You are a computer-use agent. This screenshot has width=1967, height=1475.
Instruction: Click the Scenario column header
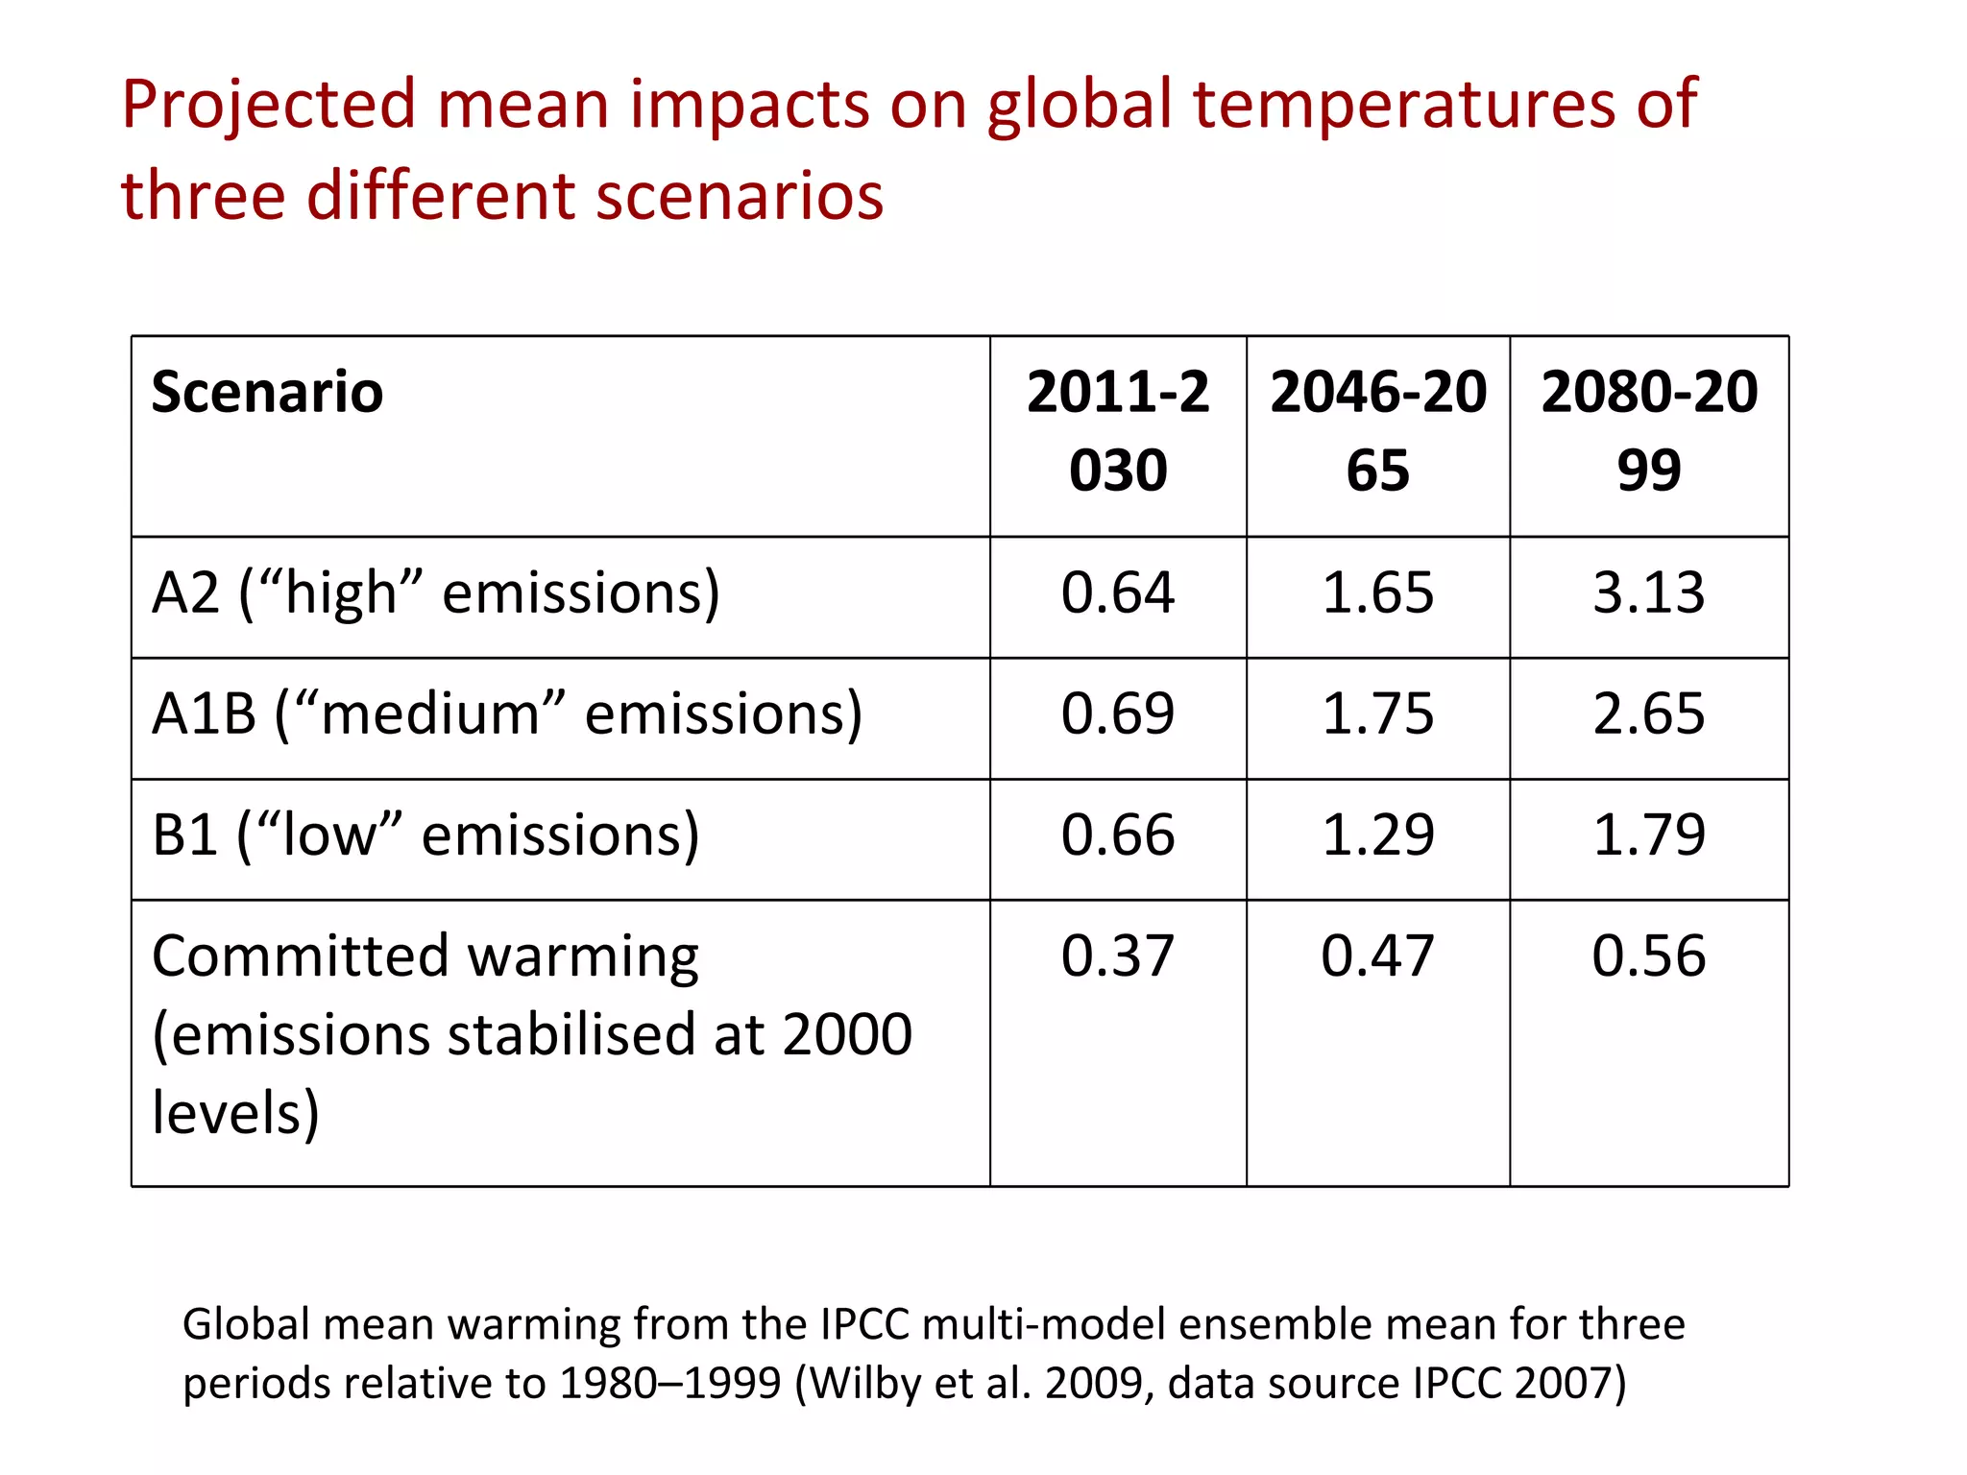coord(267,393)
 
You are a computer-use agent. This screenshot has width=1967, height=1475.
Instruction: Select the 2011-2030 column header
coord(1117,431)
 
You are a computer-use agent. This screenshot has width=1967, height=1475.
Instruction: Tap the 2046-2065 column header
coord(1377,431)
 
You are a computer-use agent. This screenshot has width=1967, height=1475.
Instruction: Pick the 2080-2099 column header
coord(1648,431)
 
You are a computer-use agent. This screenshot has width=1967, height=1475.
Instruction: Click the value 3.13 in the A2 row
coord(1648,592)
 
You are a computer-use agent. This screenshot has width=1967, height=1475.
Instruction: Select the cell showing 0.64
coord(1117,592)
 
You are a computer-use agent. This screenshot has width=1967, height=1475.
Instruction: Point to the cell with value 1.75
coord(1377,713)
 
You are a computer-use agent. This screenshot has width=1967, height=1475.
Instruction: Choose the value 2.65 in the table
coord(1648,713)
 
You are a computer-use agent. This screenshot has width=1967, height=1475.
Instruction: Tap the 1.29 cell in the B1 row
coord(1377,834)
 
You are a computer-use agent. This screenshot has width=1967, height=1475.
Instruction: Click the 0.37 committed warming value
coord(1117,956)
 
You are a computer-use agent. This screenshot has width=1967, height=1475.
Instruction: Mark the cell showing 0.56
coord(1648,956)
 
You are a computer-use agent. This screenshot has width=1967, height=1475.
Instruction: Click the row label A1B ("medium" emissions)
coord(507,714)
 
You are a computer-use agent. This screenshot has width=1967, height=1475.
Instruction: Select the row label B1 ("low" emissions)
coord(425,835)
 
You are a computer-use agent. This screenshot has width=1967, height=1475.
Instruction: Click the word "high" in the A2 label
coord(340,593)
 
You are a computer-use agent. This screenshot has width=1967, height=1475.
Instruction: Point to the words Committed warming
coord(425,958)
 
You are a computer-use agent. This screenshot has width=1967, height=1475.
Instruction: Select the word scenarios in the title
coord(739,196)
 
